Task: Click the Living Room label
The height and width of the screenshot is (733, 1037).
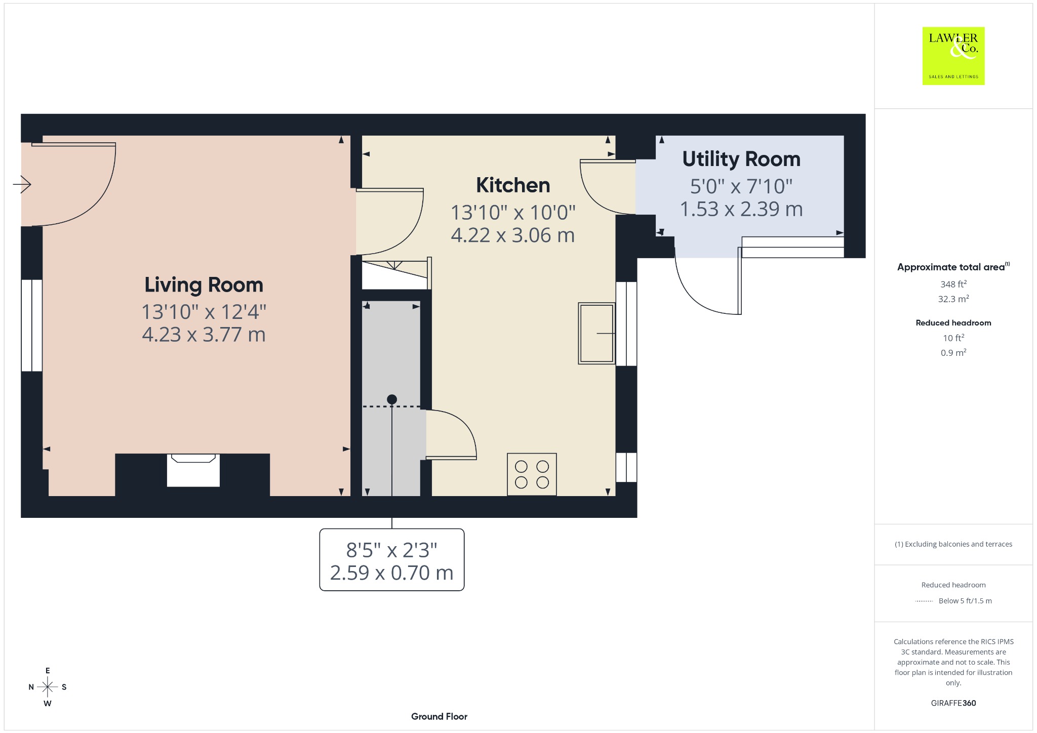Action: point(204,285)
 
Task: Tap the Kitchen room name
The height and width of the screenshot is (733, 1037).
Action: point(513,185)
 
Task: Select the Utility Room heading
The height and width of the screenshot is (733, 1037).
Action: point(741,159)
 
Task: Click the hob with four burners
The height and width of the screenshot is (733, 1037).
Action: point(532,474)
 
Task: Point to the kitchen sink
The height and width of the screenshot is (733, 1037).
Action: point(597,333)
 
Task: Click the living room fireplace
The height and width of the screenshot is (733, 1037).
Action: point(193,470)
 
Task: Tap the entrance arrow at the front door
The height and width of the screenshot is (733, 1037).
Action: point(22,184)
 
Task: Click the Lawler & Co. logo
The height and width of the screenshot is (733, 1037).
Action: point(953,56)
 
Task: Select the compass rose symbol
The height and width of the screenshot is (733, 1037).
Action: point(48,687)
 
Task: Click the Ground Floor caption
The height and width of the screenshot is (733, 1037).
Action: point(439,716)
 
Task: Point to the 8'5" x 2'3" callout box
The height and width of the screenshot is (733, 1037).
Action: point(392,560)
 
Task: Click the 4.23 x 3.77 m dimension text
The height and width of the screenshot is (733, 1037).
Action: point(204,335)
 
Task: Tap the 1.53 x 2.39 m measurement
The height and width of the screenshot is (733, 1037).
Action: point(741,209)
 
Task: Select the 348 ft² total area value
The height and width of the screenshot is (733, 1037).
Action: point(953,284)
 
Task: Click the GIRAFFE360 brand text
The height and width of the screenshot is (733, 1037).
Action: point(953,703)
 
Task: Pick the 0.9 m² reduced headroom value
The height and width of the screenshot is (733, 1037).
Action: point(953,352)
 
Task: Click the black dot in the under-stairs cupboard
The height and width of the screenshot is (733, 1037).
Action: point(392,399)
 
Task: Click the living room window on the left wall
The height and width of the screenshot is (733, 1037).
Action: point(31,325)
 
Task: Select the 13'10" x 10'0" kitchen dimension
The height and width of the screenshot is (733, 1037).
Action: point(513,213)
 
